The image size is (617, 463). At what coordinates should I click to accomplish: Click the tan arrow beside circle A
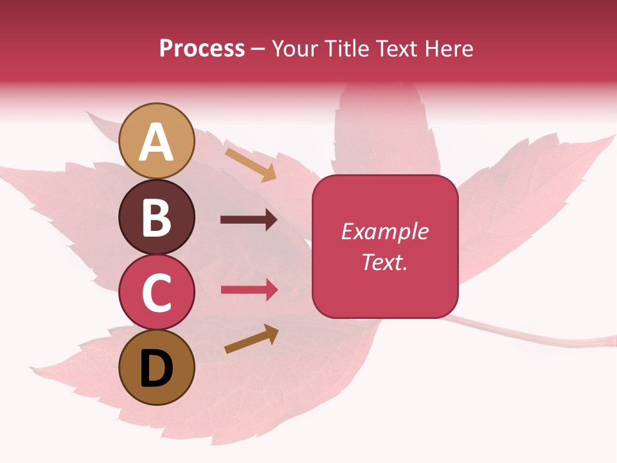coord(251,165)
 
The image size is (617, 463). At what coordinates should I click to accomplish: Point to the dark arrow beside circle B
coord(249,220)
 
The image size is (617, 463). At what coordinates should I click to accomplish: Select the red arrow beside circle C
coord(249,290)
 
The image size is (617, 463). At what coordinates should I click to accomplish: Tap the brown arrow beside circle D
coord(251,340)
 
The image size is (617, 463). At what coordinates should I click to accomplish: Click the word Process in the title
coord(202,48)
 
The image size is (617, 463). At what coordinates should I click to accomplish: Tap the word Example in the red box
coord(385,232)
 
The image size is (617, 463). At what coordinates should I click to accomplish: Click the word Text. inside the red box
coord(385,262)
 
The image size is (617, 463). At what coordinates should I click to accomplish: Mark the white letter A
coord(157,143)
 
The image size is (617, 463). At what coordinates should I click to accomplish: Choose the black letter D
coord(157,369)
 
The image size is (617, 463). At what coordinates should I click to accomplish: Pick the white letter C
coord(157,293)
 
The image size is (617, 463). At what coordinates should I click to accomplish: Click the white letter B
coord(157,217)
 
